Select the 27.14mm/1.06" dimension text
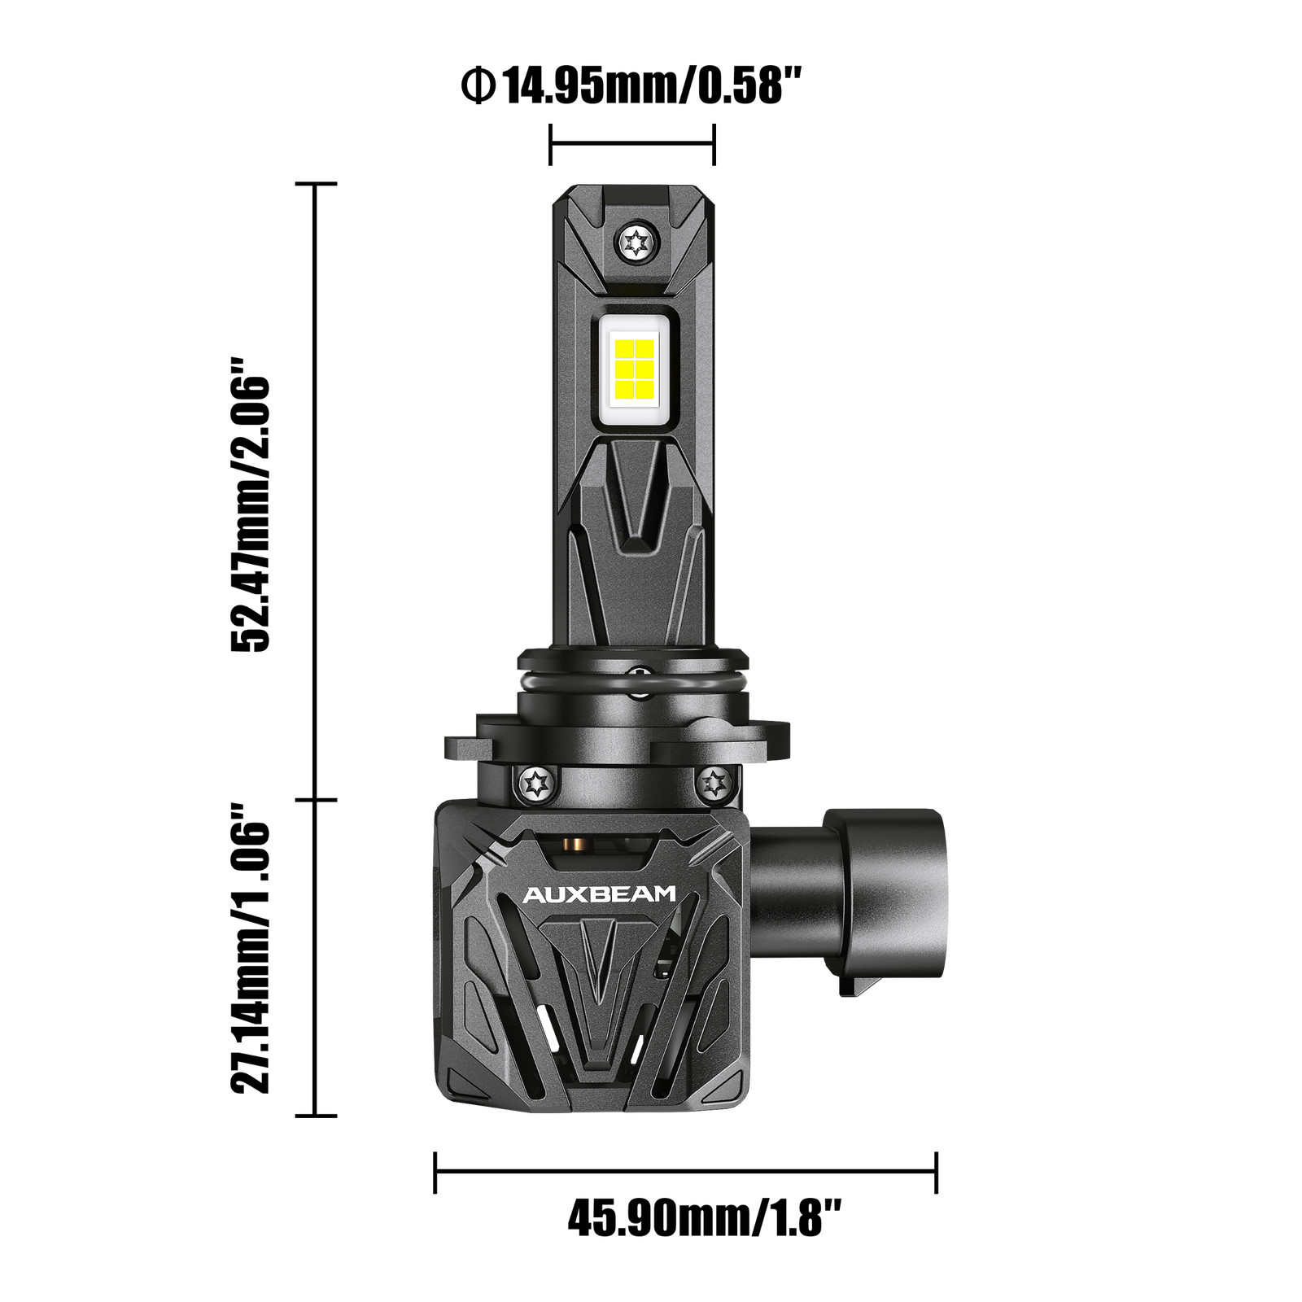tap(250, 949)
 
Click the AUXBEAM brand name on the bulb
tap(598, 895)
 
